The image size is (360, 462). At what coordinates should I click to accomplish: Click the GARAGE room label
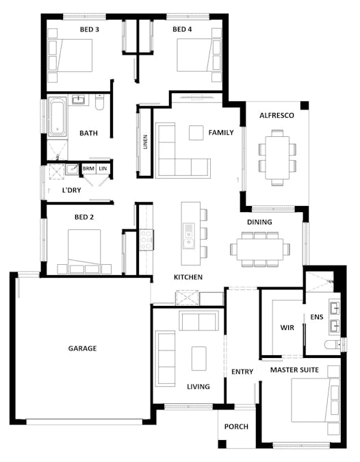click(82, 348)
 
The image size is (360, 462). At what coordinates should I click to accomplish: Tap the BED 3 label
click(90, 29)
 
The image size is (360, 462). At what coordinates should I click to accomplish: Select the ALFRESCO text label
click(277, 116)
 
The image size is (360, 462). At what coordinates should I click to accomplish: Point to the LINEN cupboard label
click(145, 142)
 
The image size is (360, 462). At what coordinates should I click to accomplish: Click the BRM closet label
click(88, 168)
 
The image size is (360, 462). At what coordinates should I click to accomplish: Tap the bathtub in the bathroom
click(57, 116)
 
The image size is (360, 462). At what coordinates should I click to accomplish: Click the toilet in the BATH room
click(99, 102)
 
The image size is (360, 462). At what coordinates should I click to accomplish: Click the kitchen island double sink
click(188, 235)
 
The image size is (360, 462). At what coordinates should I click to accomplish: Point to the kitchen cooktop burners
click(146, 240)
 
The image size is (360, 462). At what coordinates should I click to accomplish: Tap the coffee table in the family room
click(196, 133)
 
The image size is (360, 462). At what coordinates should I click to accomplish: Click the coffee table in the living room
click(199, 358)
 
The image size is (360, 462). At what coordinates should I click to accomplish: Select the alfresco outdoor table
click(277, 157)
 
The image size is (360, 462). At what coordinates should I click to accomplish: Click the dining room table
click(260, 249)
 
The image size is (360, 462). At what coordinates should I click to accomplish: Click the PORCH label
click(236, 426)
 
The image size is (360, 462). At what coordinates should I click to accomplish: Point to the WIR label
click(287, 328)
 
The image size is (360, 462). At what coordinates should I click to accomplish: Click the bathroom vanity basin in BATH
click(78, 99)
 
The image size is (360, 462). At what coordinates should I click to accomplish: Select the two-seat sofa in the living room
click(199, 322)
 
